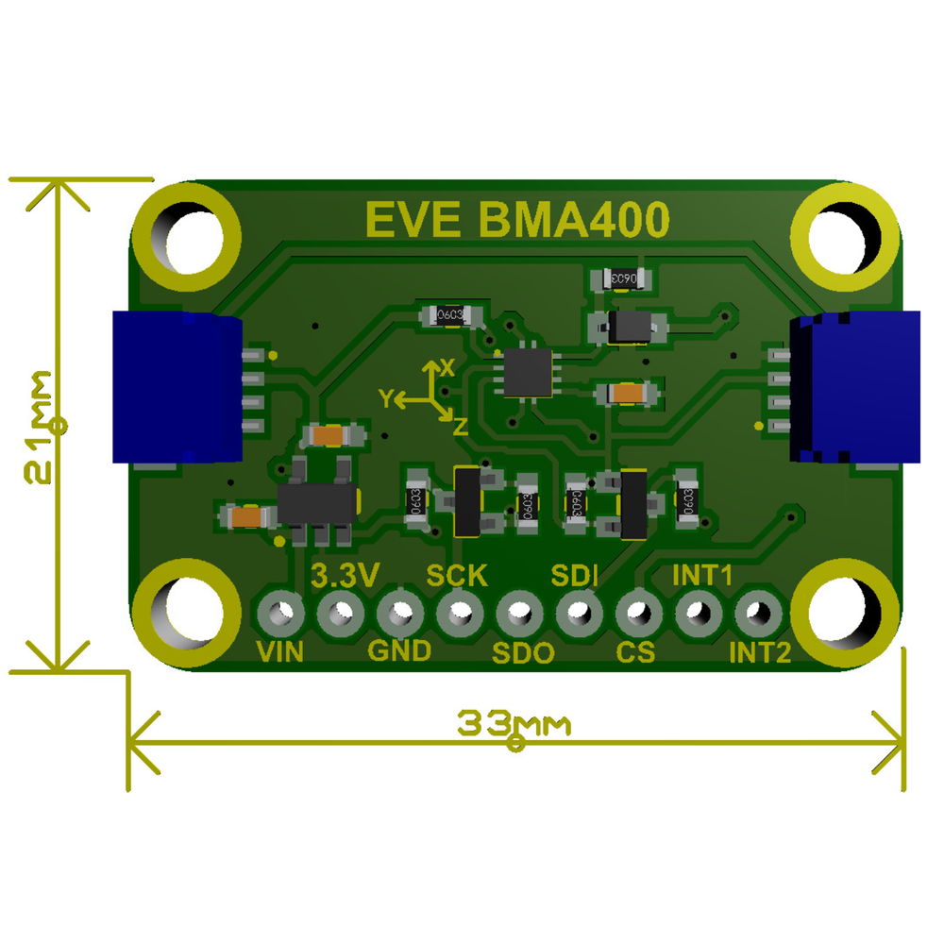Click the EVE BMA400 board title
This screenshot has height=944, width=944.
517,219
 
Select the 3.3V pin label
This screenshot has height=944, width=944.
346,574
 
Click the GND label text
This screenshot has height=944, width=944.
399,650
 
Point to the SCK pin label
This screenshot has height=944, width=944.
457,574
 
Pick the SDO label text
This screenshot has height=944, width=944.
523,652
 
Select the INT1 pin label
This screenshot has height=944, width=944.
702,574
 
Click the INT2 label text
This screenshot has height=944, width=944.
760,651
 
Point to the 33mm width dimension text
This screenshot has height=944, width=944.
515,725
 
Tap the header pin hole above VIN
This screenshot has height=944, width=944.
280,615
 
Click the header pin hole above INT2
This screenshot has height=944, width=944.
754,615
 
